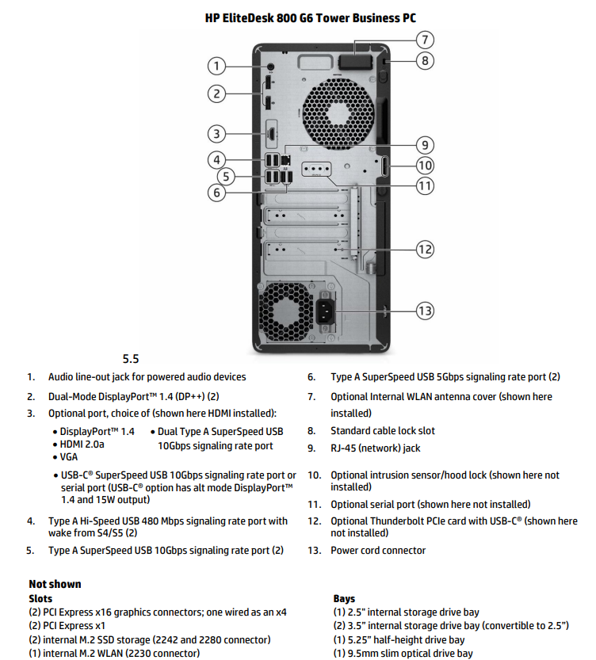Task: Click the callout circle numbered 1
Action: tap(217, 66)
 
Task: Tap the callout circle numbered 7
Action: tap(425, 39)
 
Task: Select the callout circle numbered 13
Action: tap(426, 311)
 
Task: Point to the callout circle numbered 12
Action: tap(425, 249)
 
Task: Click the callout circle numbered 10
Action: tap(425, 166)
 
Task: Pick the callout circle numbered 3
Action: tap(217, 133)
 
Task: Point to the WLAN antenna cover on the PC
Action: tap(353, 62)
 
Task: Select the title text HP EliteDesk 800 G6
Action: tap(310, 17)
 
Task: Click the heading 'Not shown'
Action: tap(55, 584)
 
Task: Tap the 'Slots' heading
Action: tap(40, 599)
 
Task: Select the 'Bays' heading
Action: tap(345, 599)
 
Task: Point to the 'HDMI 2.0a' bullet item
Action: tap(82, 445)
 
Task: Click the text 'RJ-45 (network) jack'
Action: tap(376, 448)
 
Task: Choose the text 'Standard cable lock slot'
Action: tap(383, 431)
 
